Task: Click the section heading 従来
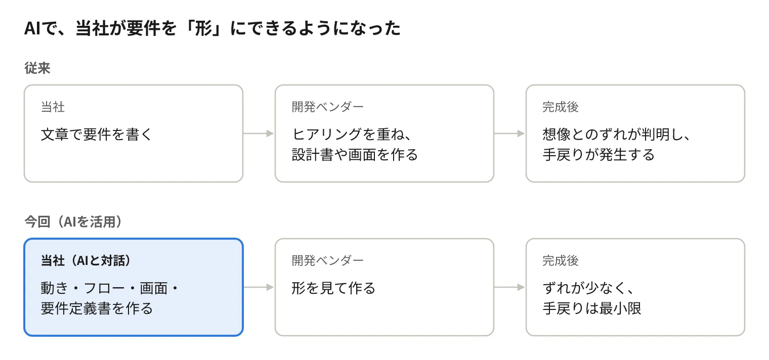(x=37, y=68)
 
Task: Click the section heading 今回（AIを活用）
(x=73, y=221)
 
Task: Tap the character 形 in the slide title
(x=203, y=28)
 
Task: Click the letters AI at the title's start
(x=32, y=28)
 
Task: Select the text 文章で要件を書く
(x=97, y=134)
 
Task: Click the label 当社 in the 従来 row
(x=53, y=107)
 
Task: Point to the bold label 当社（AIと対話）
(x=86, y=260)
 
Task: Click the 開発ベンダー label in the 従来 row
(x=327, y=107)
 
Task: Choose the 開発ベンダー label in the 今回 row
(x=327, y=260)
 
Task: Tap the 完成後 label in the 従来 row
(x=561, y=107)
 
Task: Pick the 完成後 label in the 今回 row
(x=561, y=260)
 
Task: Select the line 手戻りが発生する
(x=599, y=154)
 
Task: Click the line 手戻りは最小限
(x=592, y=308)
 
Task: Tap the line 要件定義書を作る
(x=97, y=308)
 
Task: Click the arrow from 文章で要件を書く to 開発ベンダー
(x=259, y=133)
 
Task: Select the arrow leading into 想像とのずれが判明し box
(x=509, y=133)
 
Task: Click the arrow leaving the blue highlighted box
(x=259, y=287)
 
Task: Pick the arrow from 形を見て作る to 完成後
(x=509, y=287)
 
